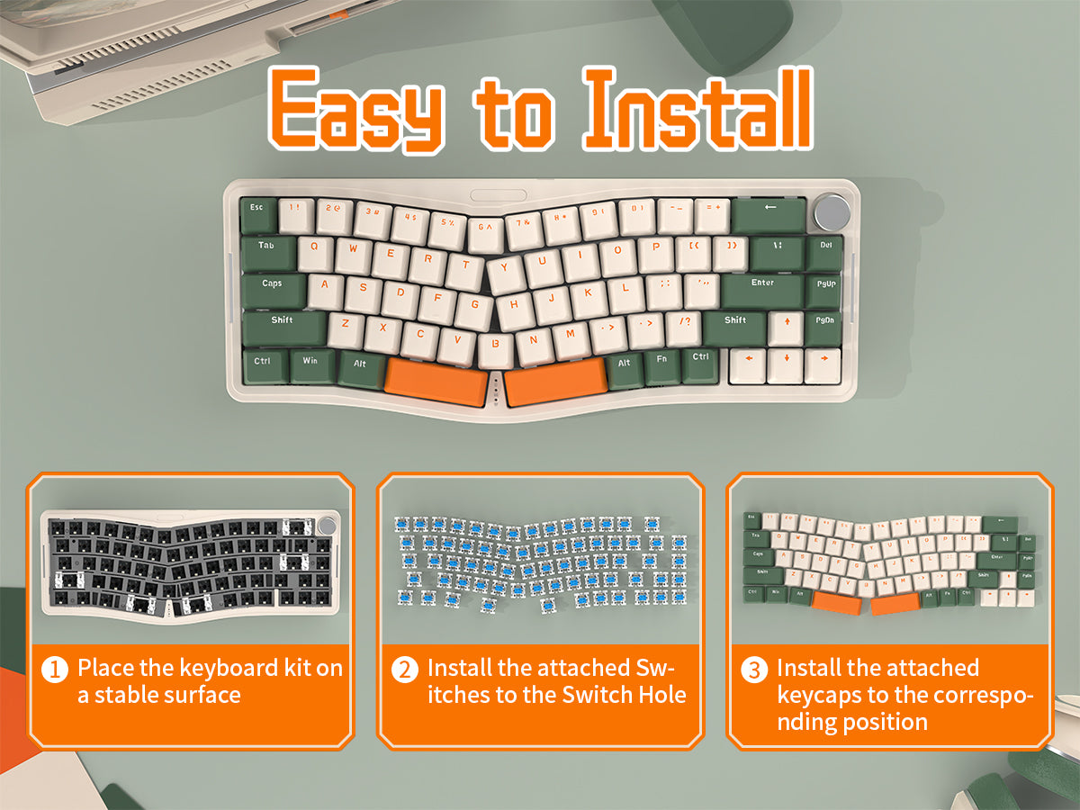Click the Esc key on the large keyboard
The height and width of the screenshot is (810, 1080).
tap(258, 213)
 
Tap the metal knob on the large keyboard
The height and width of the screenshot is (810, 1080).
tap(832, 214)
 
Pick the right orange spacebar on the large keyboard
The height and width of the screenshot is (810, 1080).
tap(553, 381)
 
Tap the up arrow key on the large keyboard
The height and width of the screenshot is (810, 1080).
tap(786, 326)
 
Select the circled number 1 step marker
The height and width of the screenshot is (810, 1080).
tap(56, 670)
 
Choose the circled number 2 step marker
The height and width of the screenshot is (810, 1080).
tap(405, 670)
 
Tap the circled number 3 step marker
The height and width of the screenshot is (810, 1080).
tap(754, 670)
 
